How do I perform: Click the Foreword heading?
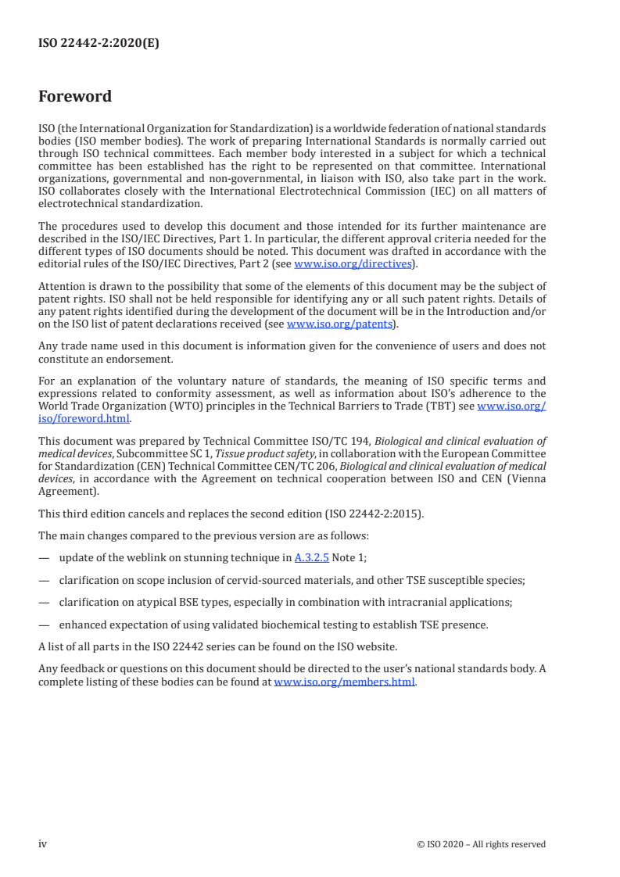coord(75,97)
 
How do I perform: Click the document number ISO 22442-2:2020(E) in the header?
coord(99,44)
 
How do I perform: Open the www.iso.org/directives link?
coord(353,263)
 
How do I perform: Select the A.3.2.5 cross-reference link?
coord(310,558)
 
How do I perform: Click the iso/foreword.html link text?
coord(84,418)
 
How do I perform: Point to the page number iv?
coord(43,843)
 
